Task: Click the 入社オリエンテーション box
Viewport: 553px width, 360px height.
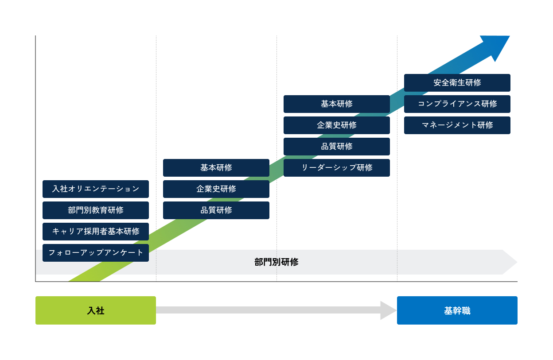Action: (x=96, y=189)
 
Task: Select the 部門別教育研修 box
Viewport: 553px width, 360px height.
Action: (x=96, y=210)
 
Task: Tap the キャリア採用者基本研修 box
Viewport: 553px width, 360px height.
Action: (x=96, y=232)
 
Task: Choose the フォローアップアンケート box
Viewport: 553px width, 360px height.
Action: (x=96, y=253)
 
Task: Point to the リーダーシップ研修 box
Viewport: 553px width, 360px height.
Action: (x=337, y=168)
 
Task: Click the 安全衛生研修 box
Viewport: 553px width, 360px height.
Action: (x=457, y=83)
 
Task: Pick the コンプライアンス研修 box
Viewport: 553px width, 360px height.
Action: (x=457, y=104)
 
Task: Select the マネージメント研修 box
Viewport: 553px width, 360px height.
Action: (x=457, y=125)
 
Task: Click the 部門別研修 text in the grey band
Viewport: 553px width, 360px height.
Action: (x=276, y=262)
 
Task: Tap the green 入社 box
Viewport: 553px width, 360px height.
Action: (x=96, y=310)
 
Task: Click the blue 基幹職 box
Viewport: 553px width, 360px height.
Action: (x=457, y=310)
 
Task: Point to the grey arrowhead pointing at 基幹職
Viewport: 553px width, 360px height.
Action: (x=388, y=310)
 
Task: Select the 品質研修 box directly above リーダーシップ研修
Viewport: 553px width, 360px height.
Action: (x=337, y=147)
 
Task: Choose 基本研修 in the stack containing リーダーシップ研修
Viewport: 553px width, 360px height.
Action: (x=337, y=104)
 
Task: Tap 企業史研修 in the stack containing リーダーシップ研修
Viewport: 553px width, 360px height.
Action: (x=337, y=125)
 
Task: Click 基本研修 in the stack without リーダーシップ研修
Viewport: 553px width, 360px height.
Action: (x=216, y=168)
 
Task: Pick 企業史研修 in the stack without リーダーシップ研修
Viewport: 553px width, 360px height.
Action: (x=216, y=189)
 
